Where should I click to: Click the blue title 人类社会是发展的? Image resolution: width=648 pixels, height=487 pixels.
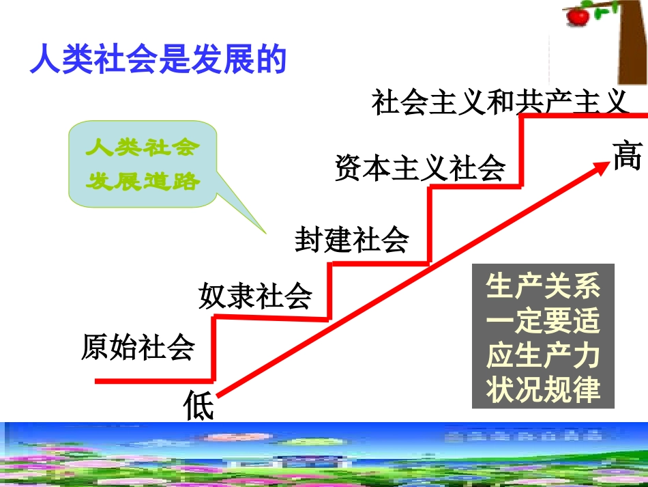point(157,59)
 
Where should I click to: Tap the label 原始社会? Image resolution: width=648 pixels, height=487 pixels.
point(138,347)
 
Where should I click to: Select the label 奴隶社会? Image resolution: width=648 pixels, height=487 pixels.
point(255,296)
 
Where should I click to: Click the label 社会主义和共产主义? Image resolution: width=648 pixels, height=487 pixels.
point(499,102)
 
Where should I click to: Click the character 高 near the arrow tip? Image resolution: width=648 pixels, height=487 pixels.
point(627,156)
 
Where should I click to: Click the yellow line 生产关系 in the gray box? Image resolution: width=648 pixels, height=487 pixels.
point(543,287)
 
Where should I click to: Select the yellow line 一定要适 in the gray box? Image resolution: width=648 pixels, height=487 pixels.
point(543,321)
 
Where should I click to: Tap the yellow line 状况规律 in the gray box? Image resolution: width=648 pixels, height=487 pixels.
point(543,390)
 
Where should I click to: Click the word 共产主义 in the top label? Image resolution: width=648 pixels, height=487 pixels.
point(570,102)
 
